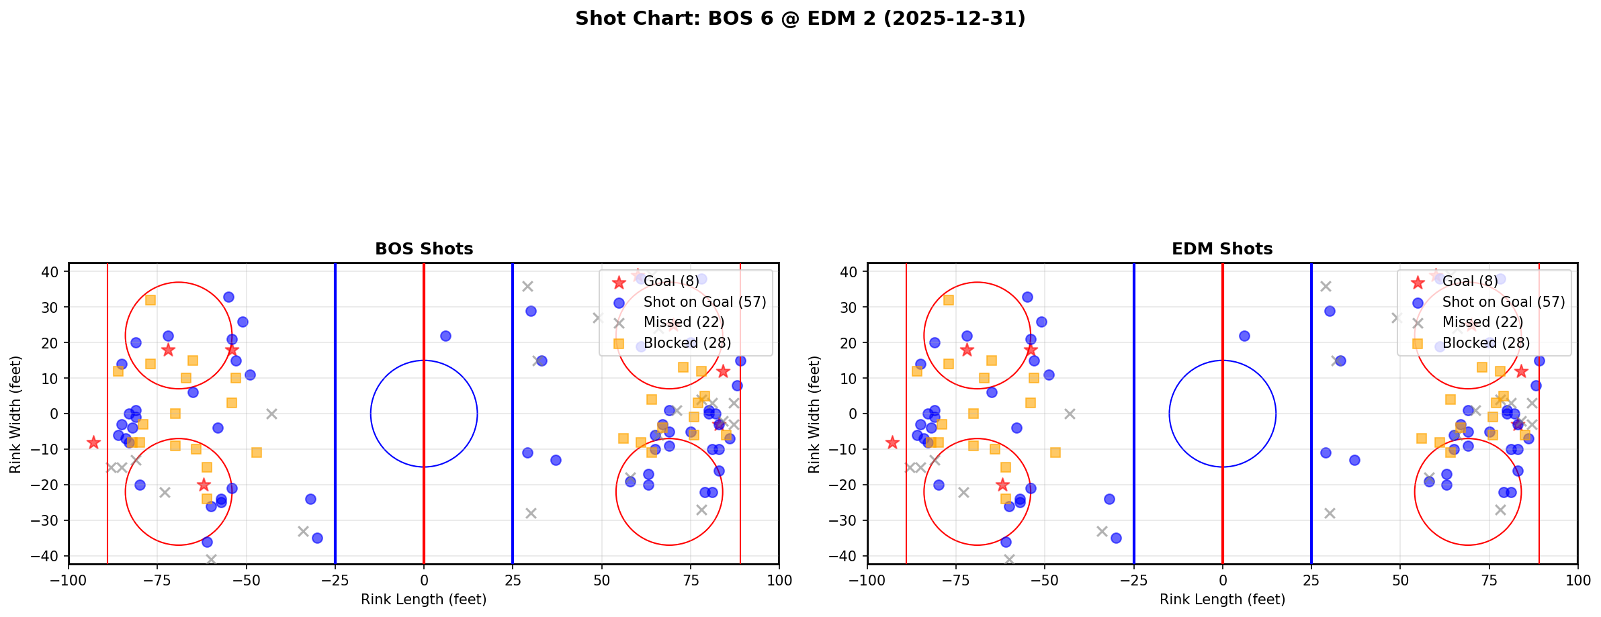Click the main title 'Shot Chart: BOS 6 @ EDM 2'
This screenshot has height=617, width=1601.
pyautogui.click(x=799, y=18)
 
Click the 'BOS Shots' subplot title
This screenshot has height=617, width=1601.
pyautogui.click(x=424, y=249)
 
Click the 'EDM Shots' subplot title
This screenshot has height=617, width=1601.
pyautogui.click(x=1222, y=249)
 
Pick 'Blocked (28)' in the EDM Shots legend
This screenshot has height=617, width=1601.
pyautogui.click(x=1485, y=343)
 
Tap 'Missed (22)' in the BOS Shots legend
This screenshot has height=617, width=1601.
pyautogui.click(x=683, y=322)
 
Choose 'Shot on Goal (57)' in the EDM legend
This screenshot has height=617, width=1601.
pyautogui.click(x=1503, y=302)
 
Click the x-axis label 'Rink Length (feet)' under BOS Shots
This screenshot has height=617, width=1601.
pyautogui.click(x=424, y=600)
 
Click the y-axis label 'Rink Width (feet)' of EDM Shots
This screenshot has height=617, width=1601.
pyautogui.click(x=814, y=414)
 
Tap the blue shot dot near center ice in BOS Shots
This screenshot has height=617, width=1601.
pyautogui.click(x=445, y=336)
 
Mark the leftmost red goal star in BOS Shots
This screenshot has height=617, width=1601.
pyautogui.click(x=93, y=442)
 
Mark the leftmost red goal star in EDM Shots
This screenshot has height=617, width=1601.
pyautogui.click(x=892, y=442)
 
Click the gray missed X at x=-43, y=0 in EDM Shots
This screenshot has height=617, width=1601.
pyautogui.click(x=1070, y=414)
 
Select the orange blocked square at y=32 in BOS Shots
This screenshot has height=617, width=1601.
pyautogui.click(x=150, y=300)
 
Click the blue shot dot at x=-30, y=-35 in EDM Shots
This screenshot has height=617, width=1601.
pyautogui.click(x=1116, y=538)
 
